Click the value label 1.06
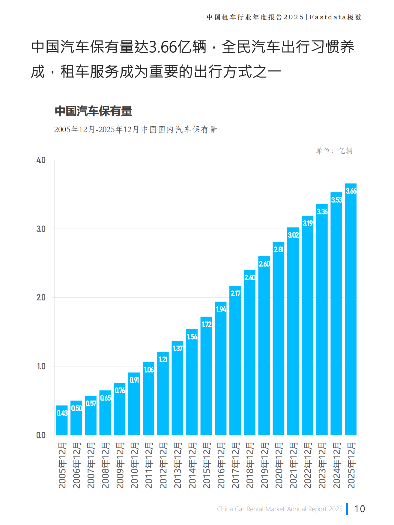(x=149, y=370)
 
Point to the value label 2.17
(x=235, y=293)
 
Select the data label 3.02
(x=293, y=235)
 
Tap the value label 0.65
(x=105, y=398)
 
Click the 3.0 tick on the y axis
(x=41, y=229)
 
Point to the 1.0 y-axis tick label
(x=41, y=367)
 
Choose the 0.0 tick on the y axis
(x=41, y=435)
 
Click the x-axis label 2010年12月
(x=134, y=465)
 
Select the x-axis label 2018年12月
(x=250, y=465)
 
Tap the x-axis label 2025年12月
(x=351, y=465)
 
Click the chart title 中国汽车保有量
(x=93, y=111)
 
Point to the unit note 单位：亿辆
(x=334, y=151)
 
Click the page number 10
(x=360, y=509)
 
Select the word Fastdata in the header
(x=328, y=17)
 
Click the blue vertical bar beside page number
(x=347, y=509)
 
